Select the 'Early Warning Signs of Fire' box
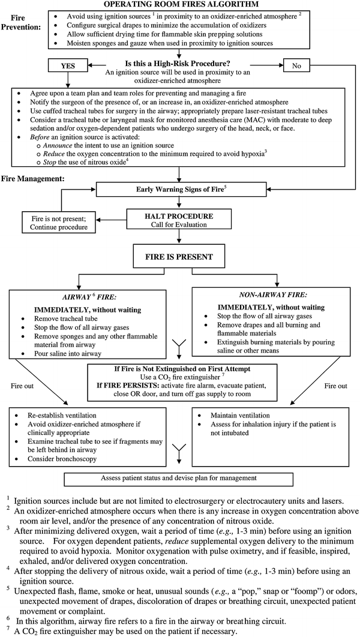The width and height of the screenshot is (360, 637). click(x=179, y=190)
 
